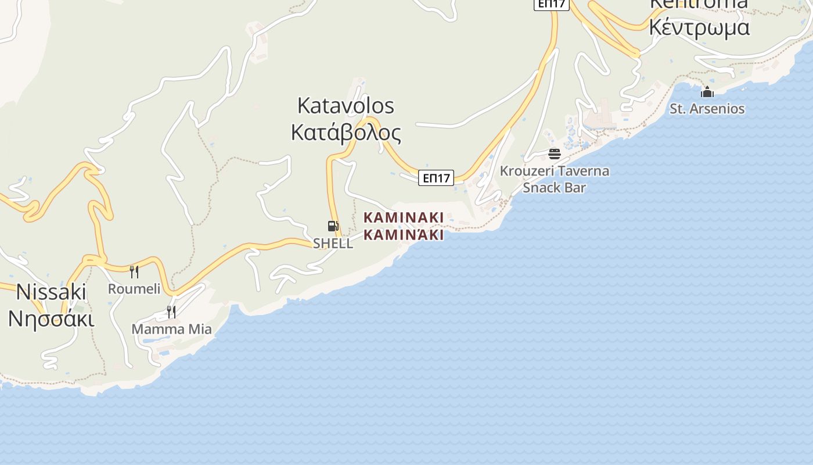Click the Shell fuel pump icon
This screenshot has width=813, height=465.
[333, 226]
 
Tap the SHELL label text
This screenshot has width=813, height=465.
[333, 244]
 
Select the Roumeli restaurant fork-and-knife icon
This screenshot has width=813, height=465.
[134, 271]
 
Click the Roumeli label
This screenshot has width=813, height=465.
[134, 289]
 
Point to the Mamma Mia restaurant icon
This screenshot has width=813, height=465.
[171, 312]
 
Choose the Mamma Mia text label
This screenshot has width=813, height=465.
[171, 330]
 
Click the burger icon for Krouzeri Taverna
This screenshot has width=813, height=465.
[555, 154]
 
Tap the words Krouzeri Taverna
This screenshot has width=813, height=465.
[555, 171]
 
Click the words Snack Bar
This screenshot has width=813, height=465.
[555, 187]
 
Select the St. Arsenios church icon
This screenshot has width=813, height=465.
[707, 92]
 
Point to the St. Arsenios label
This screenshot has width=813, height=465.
[707, 109]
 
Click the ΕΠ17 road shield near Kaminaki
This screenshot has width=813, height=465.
[436, 178]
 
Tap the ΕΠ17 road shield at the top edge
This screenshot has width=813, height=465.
[552, 4]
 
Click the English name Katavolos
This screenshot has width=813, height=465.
[346, 106]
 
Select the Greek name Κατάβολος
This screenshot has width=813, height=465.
[346, 133]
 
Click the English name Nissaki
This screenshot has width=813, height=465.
[51, 292]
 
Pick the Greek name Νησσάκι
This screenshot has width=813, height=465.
[51, 319]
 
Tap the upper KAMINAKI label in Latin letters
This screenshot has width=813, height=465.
[404, 217]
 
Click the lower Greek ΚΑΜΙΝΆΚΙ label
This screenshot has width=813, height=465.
[404, 234]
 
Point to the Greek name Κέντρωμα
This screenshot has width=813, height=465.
[699, 27]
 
